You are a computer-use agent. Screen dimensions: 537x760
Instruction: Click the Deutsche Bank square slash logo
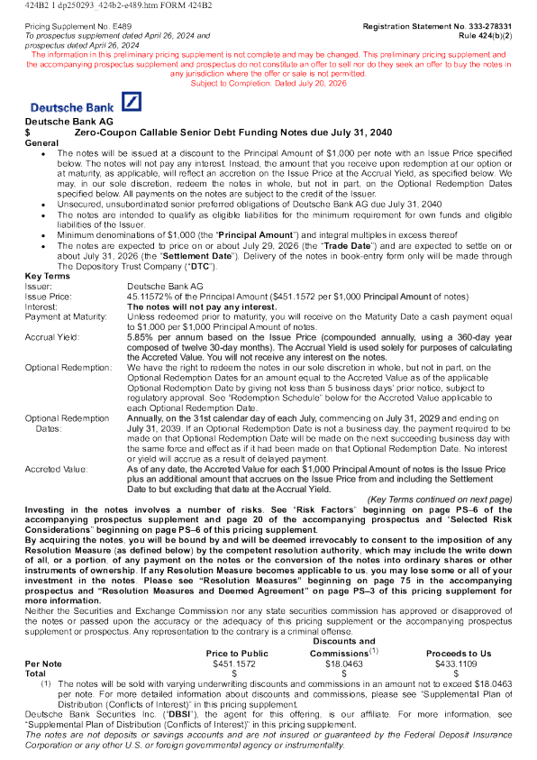(x=132, y=102)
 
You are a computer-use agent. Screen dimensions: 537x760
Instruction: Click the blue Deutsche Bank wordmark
(x=72, y=107)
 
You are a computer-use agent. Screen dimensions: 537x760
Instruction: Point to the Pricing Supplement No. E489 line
(x=78, y=26)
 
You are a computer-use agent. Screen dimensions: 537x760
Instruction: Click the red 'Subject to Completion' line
(x=268, y=83)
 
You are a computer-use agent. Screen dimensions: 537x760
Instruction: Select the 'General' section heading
(x=41, y=143)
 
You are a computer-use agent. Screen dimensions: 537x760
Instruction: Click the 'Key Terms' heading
(x=48, y=276)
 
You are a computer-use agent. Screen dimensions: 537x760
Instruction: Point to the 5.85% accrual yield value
(x=138, y=337)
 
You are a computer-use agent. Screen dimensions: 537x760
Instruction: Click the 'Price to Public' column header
(x=237, y=654)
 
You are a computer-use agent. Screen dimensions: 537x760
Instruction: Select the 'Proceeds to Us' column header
(x=459, y=654)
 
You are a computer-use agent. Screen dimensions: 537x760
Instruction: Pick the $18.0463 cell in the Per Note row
(x=344, y=664)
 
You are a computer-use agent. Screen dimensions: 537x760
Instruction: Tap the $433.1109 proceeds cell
(x=456, y=664)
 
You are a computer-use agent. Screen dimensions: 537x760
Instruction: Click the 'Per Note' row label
(x=43, y=664)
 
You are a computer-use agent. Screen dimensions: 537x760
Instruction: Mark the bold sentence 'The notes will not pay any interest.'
(x=202, y=307)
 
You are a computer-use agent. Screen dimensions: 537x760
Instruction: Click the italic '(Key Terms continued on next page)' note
(x=440, y=499)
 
